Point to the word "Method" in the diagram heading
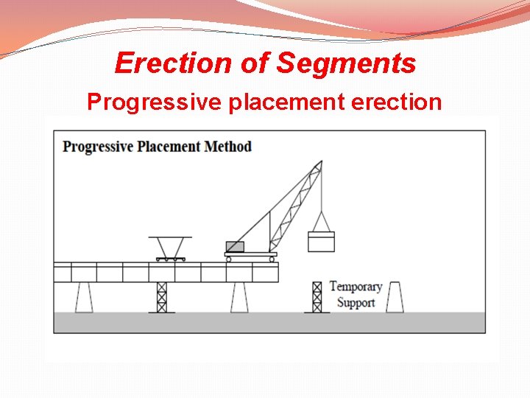[227, 146]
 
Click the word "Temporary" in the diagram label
[356, 287]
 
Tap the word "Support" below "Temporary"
[356, 303]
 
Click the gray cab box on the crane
[235, 247]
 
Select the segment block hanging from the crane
[321, 241]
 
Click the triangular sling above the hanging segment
[321, 221]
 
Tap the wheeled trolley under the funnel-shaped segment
[170, 258]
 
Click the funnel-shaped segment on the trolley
[170, 245]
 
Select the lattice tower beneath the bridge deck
[162, 297]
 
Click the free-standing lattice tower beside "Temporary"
[317, 297]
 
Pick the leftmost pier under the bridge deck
[84, 297]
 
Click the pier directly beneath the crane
[239, 297]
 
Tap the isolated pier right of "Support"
[395, 297]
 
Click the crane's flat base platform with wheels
[251, 256]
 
